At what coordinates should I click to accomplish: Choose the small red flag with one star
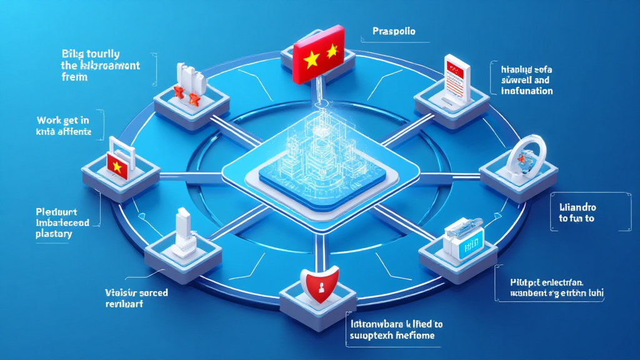tap(117, 164)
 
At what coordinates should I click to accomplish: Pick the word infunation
tap(527, 91)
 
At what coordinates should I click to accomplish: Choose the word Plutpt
tap(516, 281)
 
